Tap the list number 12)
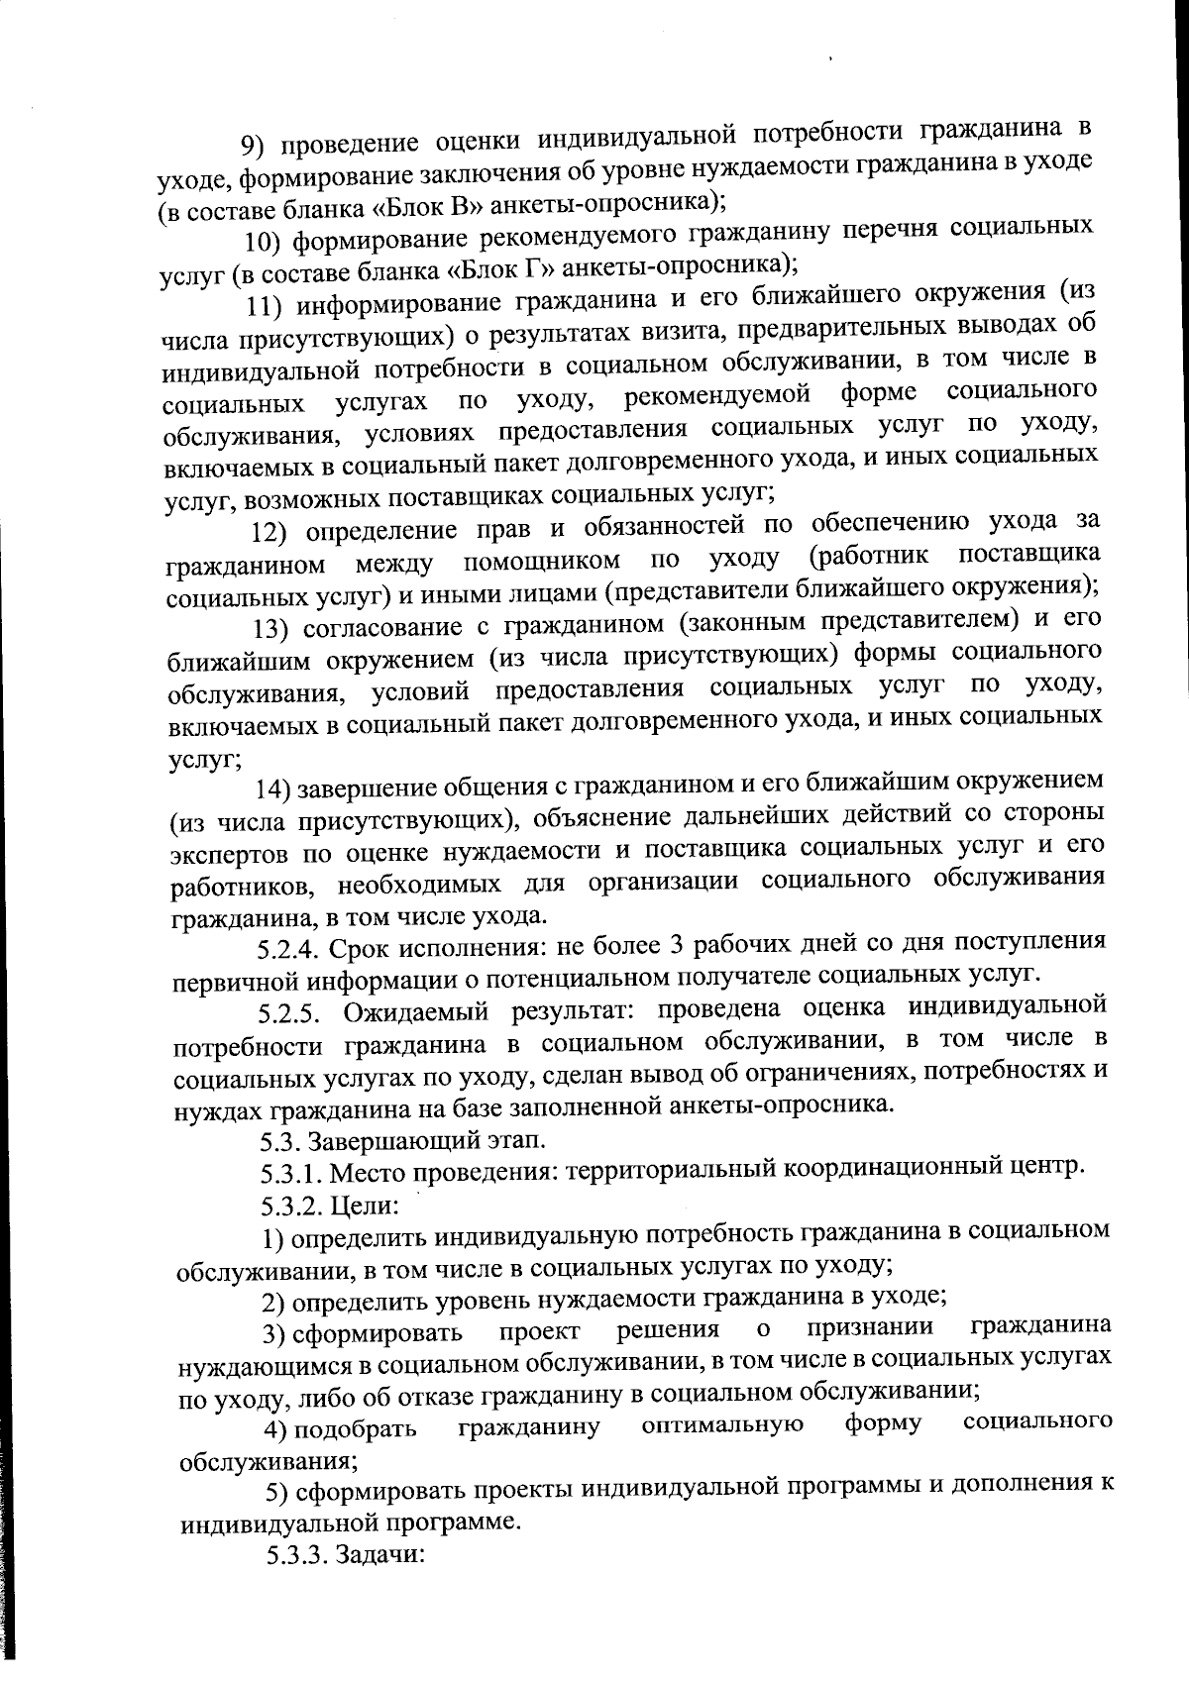270,532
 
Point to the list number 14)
273,788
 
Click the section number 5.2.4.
288,950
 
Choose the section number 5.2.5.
289,1014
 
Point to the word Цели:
365,1206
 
